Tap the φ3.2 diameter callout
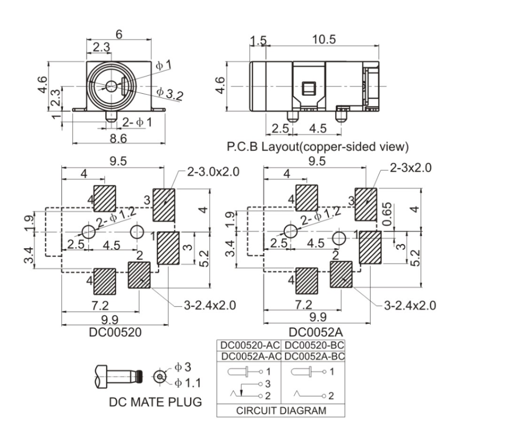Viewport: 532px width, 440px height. (x=170, y=93)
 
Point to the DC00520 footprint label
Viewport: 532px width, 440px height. (x=114, y=332)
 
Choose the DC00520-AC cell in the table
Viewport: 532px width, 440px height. (x=249, y=346)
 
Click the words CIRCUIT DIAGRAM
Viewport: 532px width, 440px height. (x=281, y=411)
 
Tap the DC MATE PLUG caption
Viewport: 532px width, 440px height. (x=155, y=403)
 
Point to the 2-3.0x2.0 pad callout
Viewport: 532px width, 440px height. (x=213, y=172)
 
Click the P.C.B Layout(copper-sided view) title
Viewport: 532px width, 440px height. (x=318, y=146)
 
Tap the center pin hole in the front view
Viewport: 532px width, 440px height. (x=111, y=86)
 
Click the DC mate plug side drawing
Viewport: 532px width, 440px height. (x=120, y=376)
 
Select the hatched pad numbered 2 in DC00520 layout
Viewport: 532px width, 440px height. (x=140, y=273)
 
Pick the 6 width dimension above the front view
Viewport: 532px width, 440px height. (x=119, y=35)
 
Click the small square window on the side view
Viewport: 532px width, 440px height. (x=308, y=87)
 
